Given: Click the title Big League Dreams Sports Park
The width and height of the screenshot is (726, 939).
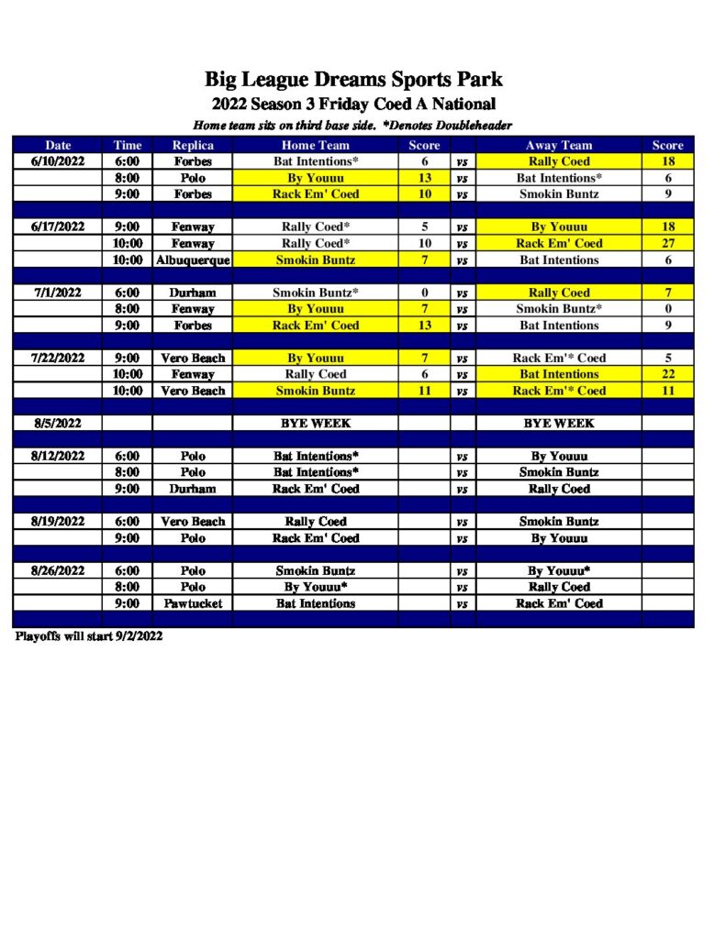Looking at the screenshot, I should [x=353, y=79].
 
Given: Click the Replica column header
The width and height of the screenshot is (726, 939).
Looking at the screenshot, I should [x=193, y=145].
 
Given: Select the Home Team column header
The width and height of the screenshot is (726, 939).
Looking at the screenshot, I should [x=315, y=145].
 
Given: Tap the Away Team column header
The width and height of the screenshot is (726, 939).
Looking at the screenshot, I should [x=558, y=145].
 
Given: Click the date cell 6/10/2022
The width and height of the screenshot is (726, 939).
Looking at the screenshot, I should [x=58, y=161].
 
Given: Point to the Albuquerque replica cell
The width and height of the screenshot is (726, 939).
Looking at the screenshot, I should [x=193, y=260].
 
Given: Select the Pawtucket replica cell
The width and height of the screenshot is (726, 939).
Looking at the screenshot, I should [x=193, y=603].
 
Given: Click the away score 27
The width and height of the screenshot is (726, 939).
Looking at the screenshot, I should [x=667, y=244].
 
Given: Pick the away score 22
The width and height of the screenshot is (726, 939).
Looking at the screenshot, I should [x=667, y=374].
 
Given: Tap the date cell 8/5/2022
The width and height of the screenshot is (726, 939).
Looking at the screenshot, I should [x=58, y=424].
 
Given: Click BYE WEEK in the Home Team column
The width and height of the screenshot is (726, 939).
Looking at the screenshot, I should [x=315, y=424].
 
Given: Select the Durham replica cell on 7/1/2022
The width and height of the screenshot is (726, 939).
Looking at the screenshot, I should [x=193, y=293].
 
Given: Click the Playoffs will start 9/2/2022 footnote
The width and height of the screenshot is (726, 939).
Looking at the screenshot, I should [x=89, y=636].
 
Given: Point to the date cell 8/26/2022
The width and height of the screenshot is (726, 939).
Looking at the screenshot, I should [x=58, y=570].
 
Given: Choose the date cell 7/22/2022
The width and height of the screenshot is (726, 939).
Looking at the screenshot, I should [x=58, y=358].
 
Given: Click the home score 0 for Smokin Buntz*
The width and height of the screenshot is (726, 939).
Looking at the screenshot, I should [x=424, y=293].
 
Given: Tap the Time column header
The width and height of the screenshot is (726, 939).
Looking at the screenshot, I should [x=128, y=145].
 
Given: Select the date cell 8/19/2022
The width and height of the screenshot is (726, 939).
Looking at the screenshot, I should [x=58, y=521].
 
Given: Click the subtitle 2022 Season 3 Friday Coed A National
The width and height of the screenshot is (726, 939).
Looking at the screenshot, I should [x=353, y=104].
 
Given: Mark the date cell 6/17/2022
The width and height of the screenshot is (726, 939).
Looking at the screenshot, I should [x=58, y=226].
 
